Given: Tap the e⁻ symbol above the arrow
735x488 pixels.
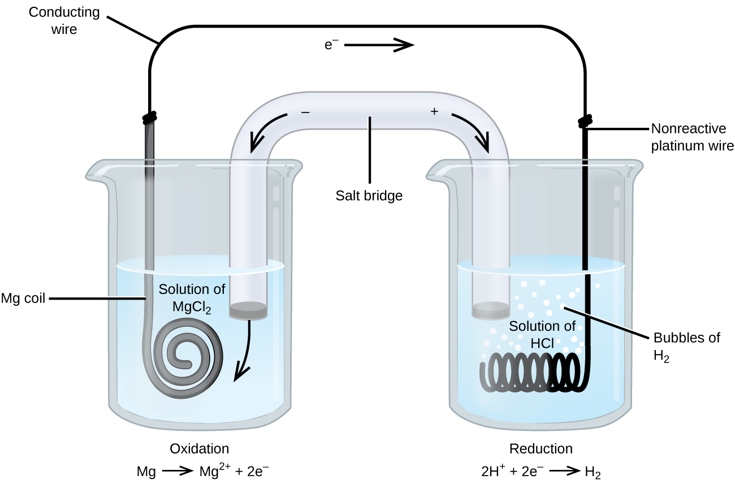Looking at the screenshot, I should point(331,45).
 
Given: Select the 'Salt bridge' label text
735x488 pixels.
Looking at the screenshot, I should point(369,196).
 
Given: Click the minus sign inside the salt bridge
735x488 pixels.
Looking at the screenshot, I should point(305,112).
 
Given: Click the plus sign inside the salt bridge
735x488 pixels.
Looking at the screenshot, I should point(434,112).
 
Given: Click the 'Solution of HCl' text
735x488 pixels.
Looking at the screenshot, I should point(542,334).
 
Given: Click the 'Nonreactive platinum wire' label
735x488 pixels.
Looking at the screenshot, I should point(691,137).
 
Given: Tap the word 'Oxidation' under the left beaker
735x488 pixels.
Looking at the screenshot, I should point(200,448).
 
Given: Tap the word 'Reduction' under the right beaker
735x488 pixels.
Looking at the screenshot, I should point(541,448).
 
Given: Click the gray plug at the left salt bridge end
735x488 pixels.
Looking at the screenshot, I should point(248,310).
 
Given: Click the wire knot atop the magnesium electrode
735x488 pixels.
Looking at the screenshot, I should point(149,118).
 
